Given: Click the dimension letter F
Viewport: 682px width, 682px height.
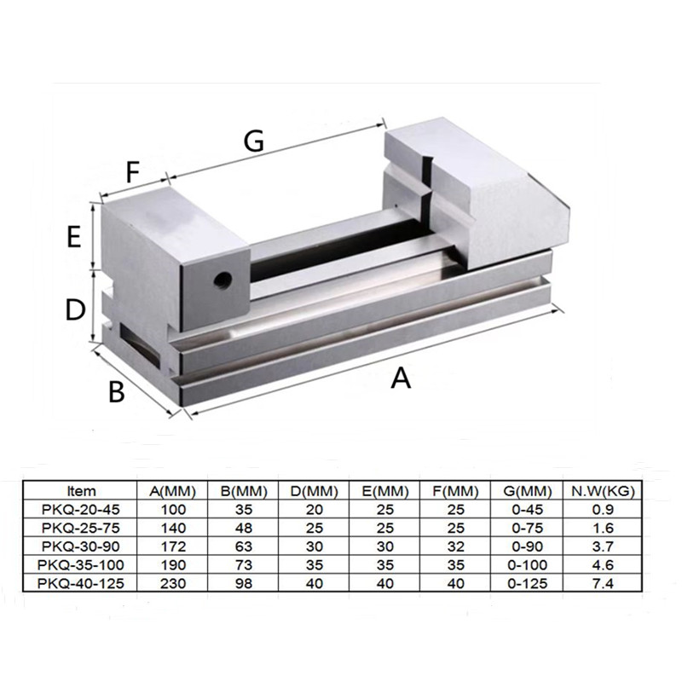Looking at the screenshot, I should pyautogui.click(x=133, y=173).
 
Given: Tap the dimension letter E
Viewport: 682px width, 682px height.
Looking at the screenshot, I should pyautogui.click(x=75, y=236).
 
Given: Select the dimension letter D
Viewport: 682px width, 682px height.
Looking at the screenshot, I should pyautogui.click(x=77, y=309).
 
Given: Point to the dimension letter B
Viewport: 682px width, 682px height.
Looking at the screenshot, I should pyautogui.click(x=117, y=391).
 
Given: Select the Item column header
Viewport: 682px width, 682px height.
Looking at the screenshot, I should pyautogui.click(x=81, y=491).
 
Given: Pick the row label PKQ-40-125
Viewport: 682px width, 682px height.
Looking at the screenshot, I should pyautogui.click(x=81, y=584).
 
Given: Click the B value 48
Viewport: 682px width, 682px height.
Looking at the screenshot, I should pyautogui.click(x=243, y=528).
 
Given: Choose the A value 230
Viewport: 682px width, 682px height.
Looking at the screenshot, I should pyautogui.click(x=172, y=584).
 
